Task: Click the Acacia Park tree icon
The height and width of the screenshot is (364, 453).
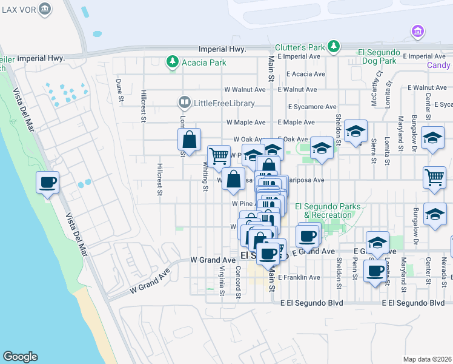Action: click(x=173, y=62)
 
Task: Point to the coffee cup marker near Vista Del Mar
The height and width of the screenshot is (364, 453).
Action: click(x=47, y=182)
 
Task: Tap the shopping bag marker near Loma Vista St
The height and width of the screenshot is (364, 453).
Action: click(x=190, y=140)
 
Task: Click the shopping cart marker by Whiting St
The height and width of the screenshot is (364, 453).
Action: click(x=219, y=156)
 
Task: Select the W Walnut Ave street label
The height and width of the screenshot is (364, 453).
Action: click(x=245, y=89)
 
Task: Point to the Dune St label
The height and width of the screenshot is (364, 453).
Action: click(x=119, y=86)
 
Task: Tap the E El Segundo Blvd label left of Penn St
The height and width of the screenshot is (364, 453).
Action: click(x=311, y=303)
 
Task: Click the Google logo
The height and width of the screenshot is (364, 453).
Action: click(x=20, y=357)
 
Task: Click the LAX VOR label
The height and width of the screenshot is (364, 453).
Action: click(x=18, y=10)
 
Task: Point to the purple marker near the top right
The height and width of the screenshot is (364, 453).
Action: click(x=417, y=31)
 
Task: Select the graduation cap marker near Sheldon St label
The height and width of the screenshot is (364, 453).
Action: click(x=356, y=130)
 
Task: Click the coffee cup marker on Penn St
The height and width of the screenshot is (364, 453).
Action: click(x=375, y=269)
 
